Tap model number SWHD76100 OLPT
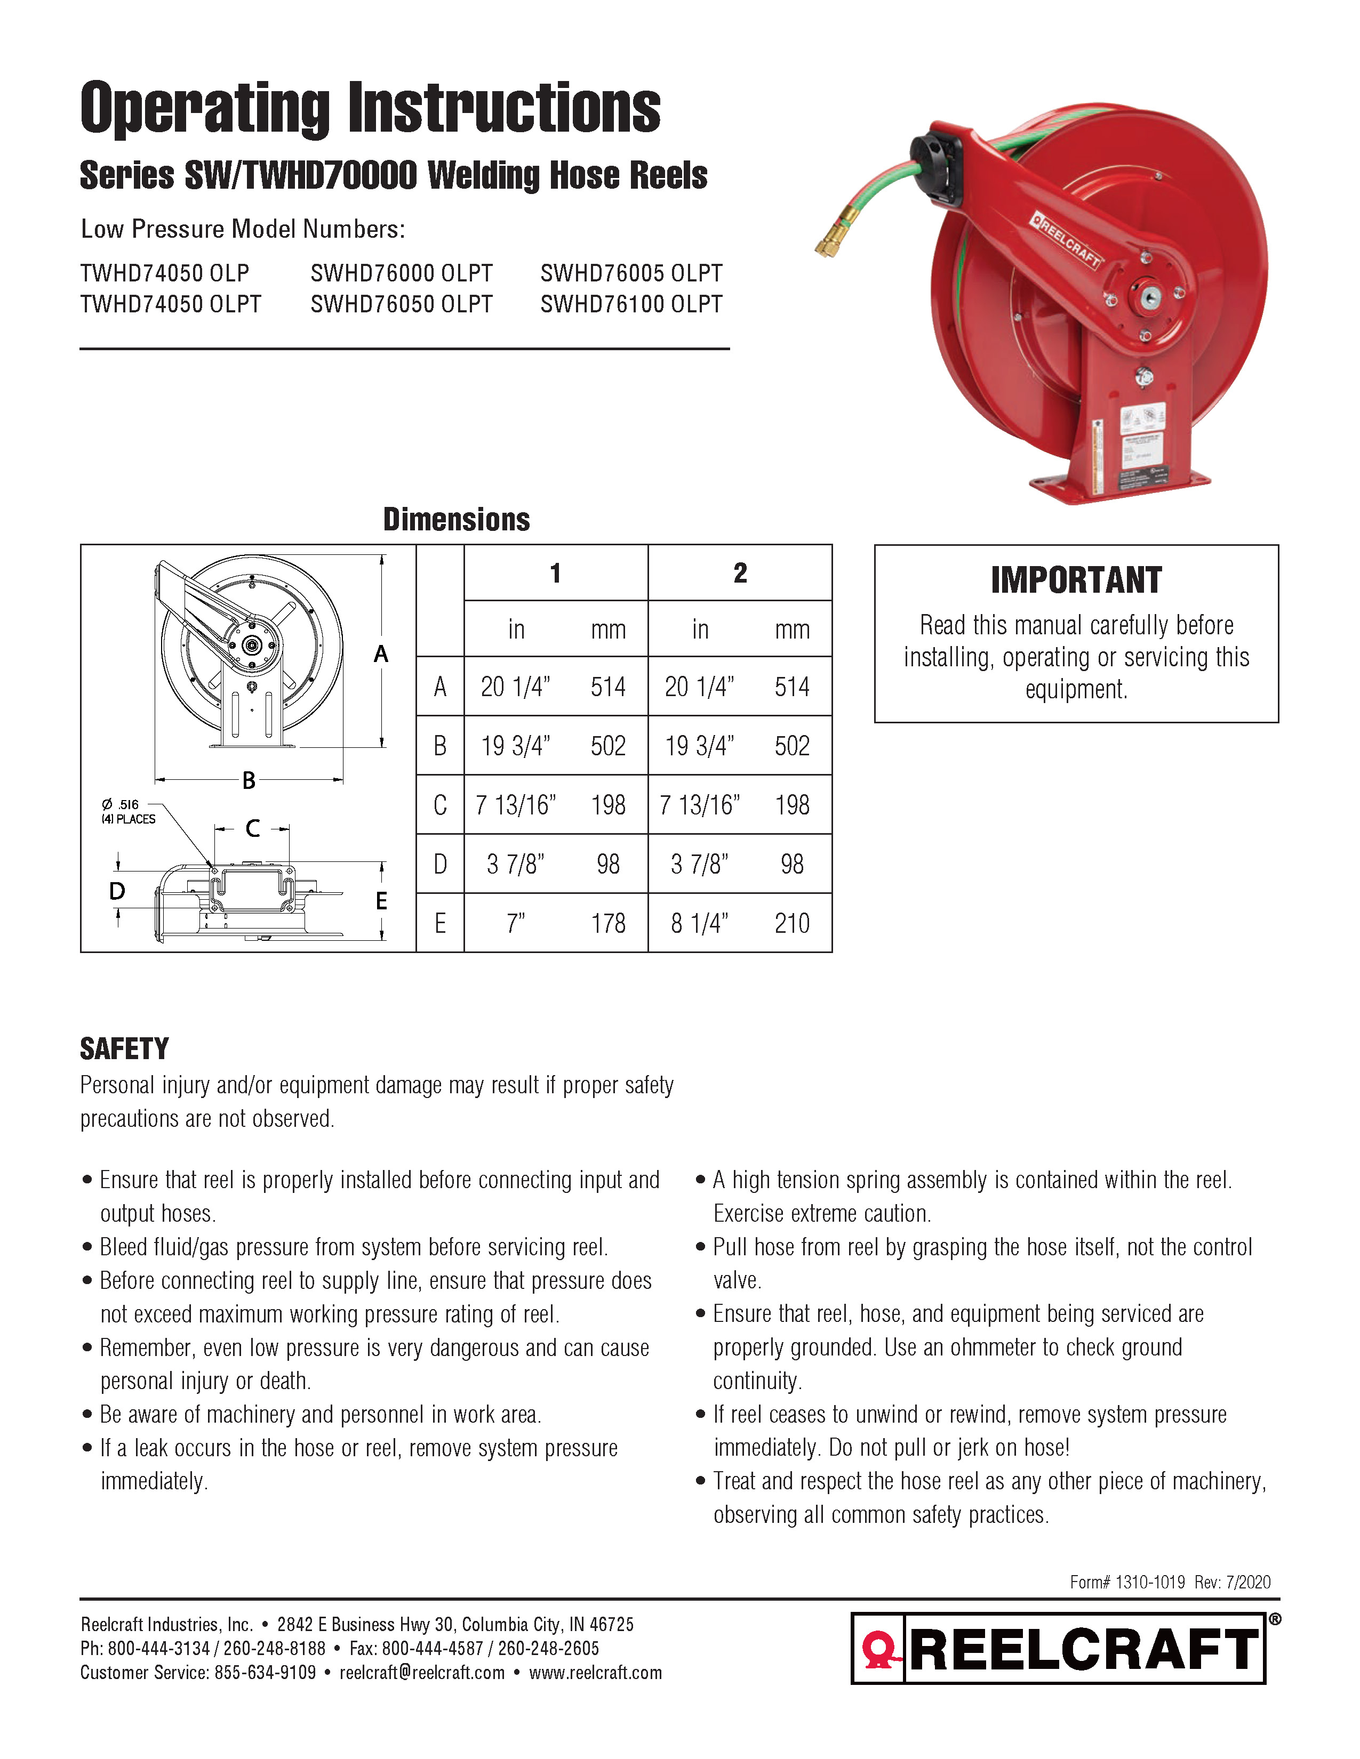click(631, 304)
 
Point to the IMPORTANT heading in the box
click(1076, 580)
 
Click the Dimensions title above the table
click(456, 520)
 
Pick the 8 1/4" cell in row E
click(699, 923)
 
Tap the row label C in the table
click(440, 804)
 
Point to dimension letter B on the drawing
click(249, 780)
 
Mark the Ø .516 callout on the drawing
click(121, 804)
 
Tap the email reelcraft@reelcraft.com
click(422, 1672)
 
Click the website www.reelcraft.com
click(595, 1672)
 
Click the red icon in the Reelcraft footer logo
click(879, 1648)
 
